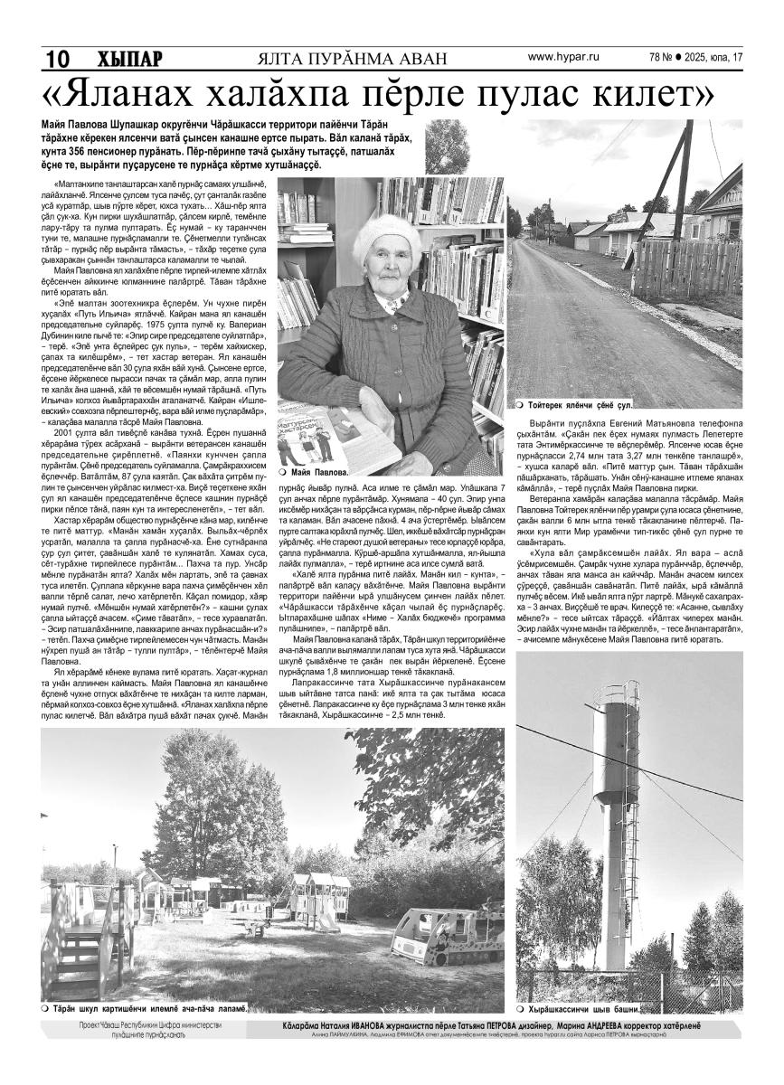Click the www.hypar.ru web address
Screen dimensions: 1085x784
pyautogui.click(x=563, y=57)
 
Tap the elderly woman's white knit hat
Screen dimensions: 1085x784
pyautogui.click(x=386, y=236)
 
